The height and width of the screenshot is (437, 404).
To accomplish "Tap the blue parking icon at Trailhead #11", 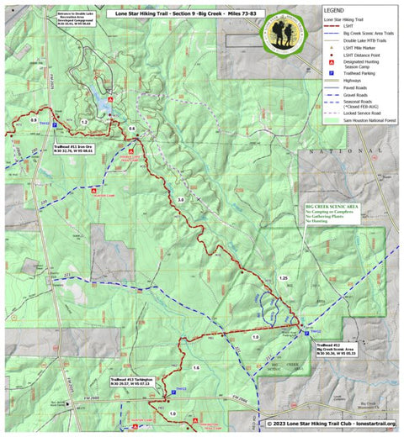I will tap(56, 125).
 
